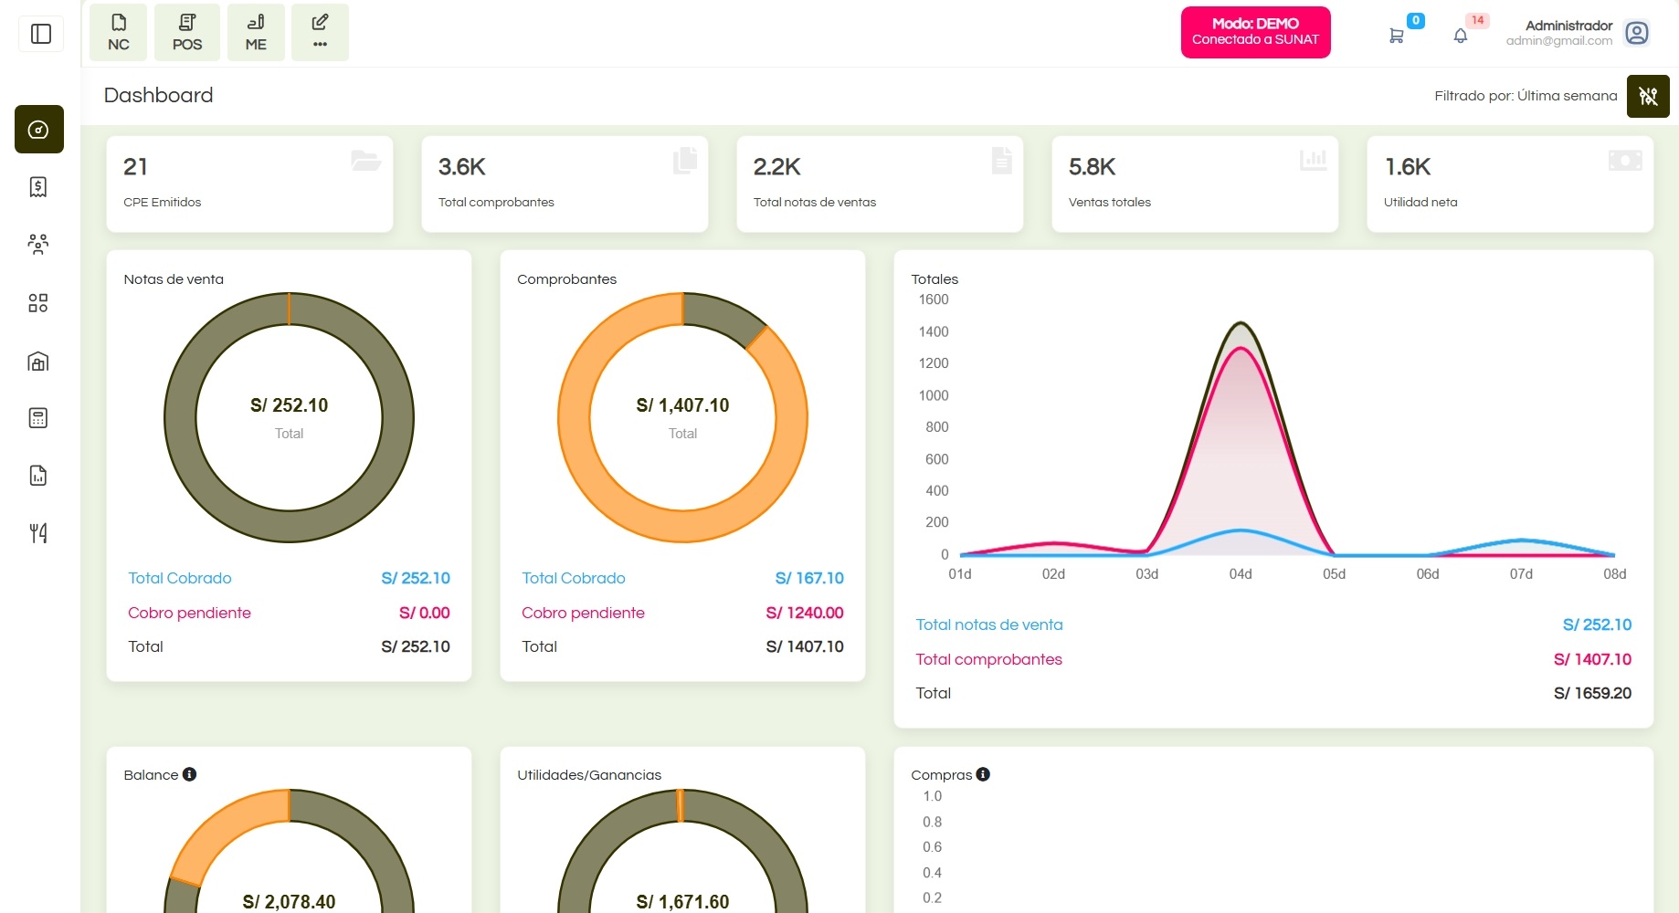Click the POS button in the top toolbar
click(187, 33)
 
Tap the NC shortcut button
click(119, 33)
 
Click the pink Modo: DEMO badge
click(1255, 32)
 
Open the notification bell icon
click(1461, 36)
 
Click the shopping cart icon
click(1396, 36)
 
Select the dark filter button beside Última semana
click(1648, 96)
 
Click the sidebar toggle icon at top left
click(41, 35)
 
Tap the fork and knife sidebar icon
click(38, 533)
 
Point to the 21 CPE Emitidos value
click(135, 167)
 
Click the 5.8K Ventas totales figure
click(1092, 167)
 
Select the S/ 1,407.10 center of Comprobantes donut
click(682, 405)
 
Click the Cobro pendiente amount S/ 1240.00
click(804, 613)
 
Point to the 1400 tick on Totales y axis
click(934, 331)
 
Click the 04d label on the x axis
click(1241, 574)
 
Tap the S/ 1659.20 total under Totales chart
click(1592, 693)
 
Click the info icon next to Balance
click(189, 774)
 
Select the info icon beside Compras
click(983, 774)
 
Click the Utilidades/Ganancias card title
click(589, 775)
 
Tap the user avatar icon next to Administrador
click(1637, 34)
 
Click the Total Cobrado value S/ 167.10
click(809, 578)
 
